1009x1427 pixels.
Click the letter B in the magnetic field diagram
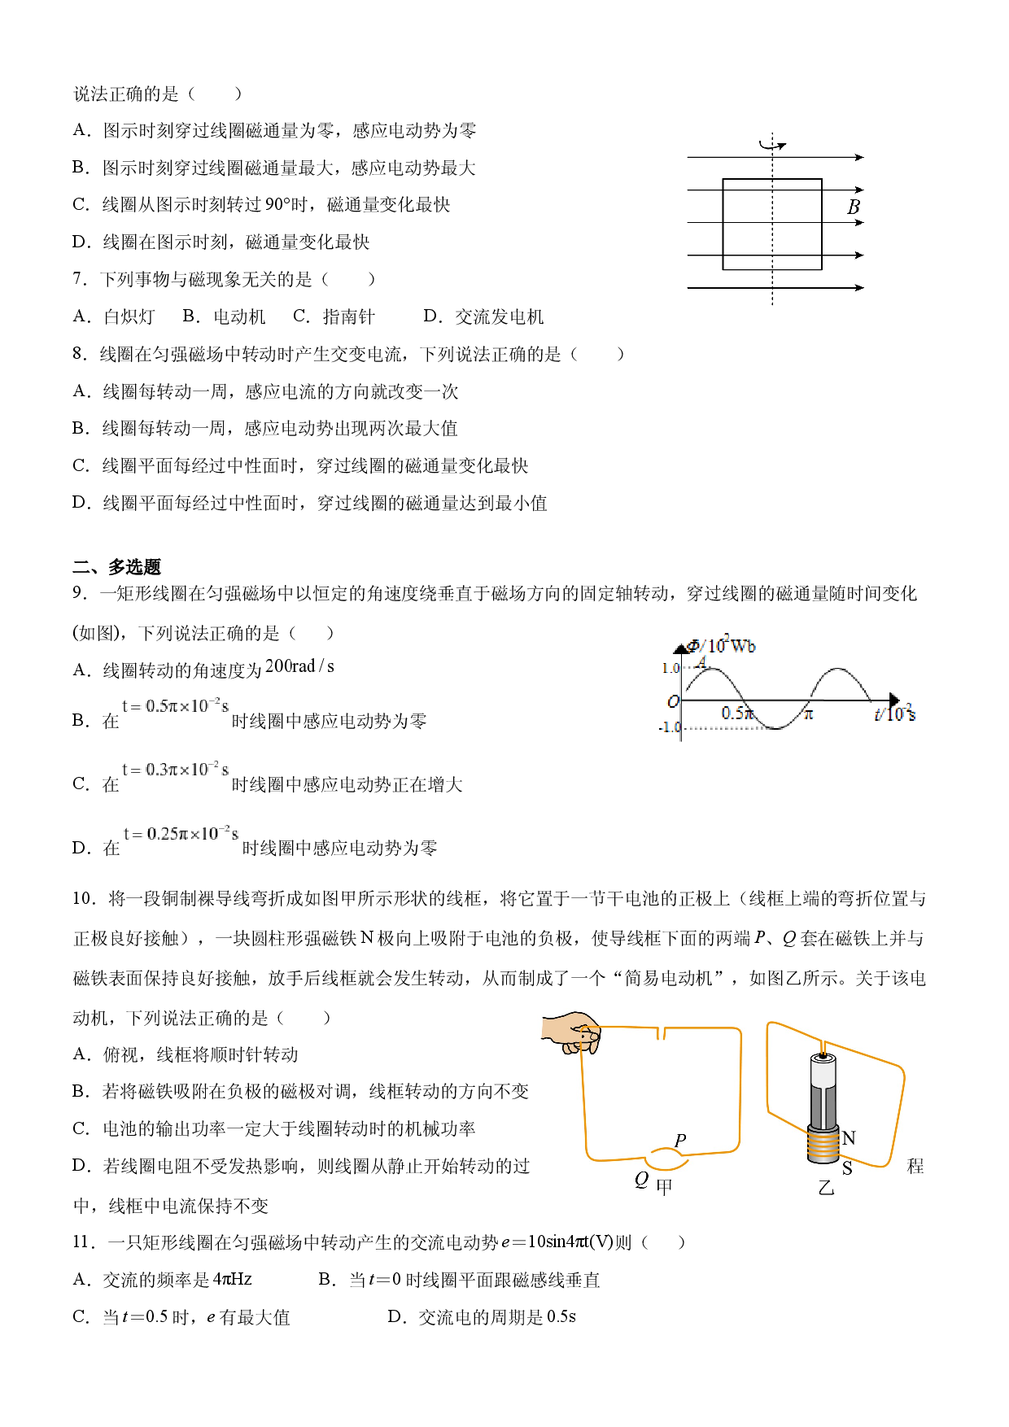(x=853, y=207)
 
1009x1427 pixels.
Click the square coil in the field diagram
(x=723, y=225)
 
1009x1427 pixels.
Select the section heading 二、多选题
(x=117, y=566)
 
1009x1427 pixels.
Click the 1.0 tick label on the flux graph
(x=670, y=668)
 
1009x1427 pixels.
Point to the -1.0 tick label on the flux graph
(x=669, y=727)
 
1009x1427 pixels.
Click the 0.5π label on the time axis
(x=737, y=713)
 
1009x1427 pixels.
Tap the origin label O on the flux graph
(x=673, y=701)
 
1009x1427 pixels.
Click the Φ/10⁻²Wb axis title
(x=722, y=645)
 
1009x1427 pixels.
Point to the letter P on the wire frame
(x=680, y=1140)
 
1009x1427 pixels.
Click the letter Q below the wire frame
(x=641, y=1179)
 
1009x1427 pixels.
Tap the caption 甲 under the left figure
(x=664, y=1187)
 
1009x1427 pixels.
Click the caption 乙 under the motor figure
(x=826, y=1188)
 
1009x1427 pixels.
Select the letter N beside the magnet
(x=849, y=1137)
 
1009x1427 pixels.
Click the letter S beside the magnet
(x=847, y=1168)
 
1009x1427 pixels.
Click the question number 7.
(x=79, y=279)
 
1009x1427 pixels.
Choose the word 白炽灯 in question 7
(x=129, y=316)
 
